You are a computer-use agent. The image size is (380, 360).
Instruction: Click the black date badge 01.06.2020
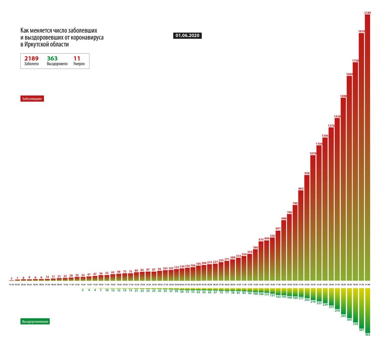click(187, 36)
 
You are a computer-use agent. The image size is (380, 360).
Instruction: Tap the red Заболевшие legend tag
click(32, 99)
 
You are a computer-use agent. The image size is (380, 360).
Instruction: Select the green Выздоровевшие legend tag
click(35, 321)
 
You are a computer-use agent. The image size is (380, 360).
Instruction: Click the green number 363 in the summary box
click(52, 58)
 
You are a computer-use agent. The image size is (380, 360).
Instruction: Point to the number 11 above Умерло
click(77, 58)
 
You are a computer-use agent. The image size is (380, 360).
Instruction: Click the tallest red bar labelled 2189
click(367, 149)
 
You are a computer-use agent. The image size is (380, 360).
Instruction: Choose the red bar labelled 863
click(301, 234)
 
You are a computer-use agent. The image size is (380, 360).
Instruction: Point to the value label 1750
click(355, 60)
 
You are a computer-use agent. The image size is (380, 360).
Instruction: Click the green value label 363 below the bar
click(367, 335)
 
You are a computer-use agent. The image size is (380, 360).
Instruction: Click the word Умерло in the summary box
click(79, 64)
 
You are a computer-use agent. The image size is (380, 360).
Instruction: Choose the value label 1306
click(325, 136)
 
